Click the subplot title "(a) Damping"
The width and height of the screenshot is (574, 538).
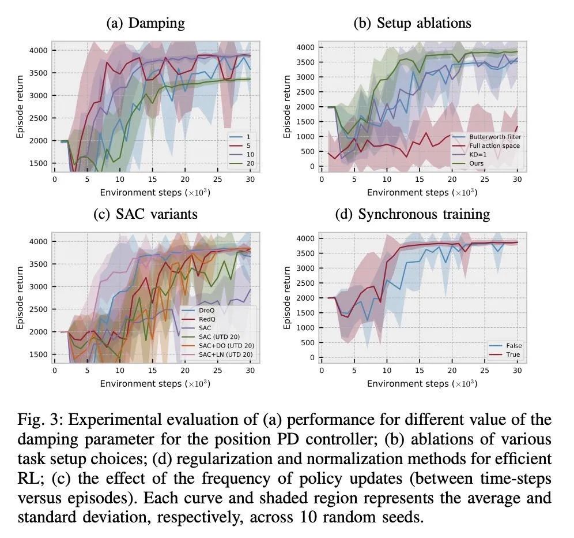[146, 24]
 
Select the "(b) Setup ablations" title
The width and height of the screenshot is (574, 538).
[412, 24]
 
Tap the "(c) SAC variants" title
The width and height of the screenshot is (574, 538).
[146, 214]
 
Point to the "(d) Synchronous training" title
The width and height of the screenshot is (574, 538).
[412, 214]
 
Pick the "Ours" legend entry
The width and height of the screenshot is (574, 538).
[478, 163]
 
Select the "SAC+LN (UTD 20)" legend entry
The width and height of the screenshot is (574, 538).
[226, 354]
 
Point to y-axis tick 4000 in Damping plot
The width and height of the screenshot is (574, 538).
[39, 51]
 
